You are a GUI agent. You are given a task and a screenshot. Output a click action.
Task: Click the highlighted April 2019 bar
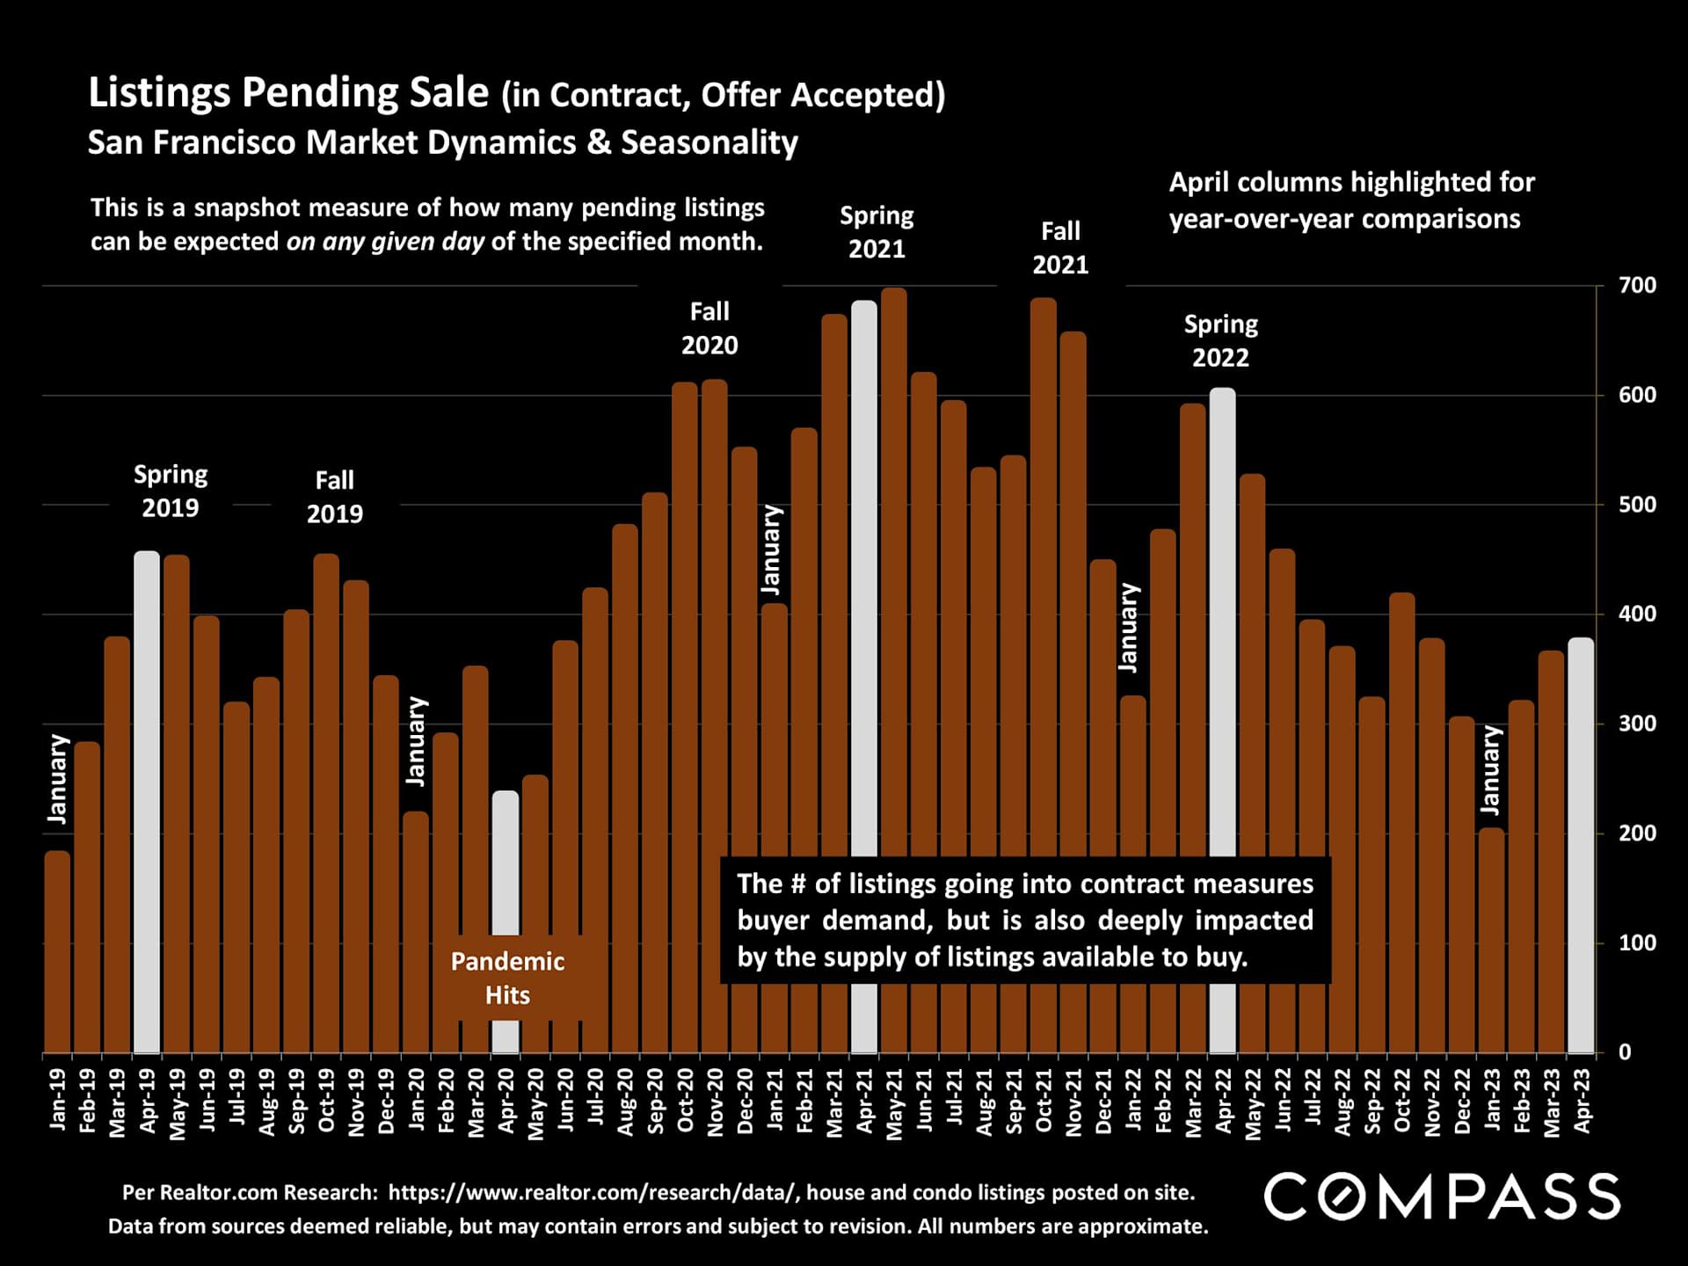pyautogui.click(x=147, y=800)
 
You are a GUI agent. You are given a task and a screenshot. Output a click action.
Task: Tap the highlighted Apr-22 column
pyautogui.click(x=1222, y=615)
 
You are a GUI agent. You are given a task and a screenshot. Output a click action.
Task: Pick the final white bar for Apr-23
pyautogui.click(x=1581, y=844)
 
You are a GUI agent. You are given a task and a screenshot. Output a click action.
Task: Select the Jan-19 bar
pyautogui.click(x=57, y=949)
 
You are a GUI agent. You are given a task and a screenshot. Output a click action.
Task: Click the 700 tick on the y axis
pyautogui.click(x=1637, y=286)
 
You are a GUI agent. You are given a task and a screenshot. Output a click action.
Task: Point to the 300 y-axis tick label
pyautogui.click(x=1637, y=724)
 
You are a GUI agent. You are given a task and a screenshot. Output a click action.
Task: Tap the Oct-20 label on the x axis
pyautogui.click(x=686, y=1101)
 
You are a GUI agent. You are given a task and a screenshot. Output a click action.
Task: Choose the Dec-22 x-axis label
pyautogui.click(x=1462, y=1101)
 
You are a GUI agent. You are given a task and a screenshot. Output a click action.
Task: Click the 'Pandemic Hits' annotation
pyautogui.click(x=507, y=978)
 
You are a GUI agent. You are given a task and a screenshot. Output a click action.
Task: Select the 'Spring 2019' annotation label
pyautogui.click(x=171, y=491)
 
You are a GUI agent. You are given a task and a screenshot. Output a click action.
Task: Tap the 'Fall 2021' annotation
pyautogui.click(x=1060, y=248)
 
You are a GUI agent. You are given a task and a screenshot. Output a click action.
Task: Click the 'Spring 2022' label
pyautogui.click(x=1220, y=341)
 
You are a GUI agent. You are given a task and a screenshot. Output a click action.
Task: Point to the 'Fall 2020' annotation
pyautogui.click(x=709, y=328)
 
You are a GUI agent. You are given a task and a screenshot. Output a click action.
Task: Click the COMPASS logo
pyautogui.click(x=1442, y=1196)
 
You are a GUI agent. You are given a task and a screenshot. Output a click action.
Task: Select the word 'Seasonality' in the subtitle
pyautogui.click(x=709, y=142)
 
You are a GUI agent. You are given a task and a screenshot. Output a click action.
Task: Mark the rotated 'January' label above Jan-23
pyautogui.click(x=1490, y=770)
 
